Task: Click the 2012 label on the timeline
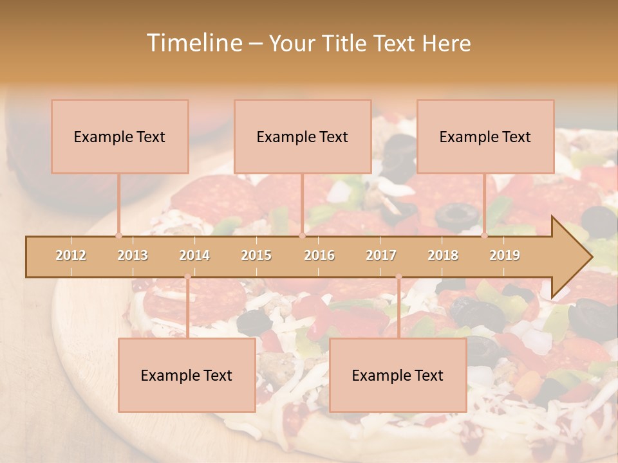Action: pyautogui.click(x=71, y=255)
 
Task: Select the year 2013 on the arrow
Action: pyautogui.click(x=133, y=255)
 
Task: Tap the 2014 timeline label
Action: pyautogui.click(x=194, y=255)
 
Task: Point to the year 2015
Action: pyautogui.click(x=256, y=255)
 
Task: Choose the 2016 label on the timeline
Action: pyautogui.click(x=319, y=255)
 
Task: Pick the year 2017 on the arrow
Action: pyautogui.click(x=381, y=255)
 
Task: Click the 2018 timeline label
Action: pyautogui.click(x=443, y=255)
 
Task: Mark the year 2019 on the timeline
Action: pyautogui.click(x=505, y=255)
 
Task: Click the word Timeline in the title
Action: pyautogui.click(x=193, y=43)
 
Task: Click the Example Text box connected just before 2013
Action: pyautogui.click(x=120, y=136)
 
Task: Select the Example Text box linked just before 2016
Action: pyautogui.click(x=303, y=136)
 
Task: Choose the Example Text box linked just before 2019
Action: pyautogui.click(x=485, y=136)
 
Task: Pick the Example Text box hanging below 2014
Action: pyautogui.click(x=187, y=375)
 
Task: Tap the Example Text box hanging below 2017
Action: pyautogui.click(x=398, y=375)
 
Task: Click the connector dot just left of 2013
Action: pyautogui.click(x=118, y=235)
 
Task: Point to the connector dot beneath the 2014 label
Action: pyautogui.click(x=187, y=277)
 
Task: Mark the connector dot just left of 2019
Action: pyautogui.click(x=485, y=235)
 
